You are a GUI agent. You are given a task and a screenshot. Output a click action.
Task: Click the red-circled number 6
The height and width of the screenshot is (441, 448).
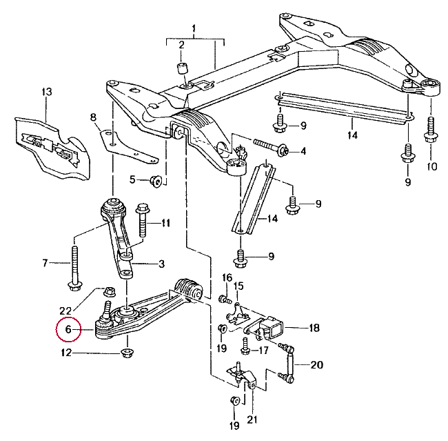[68, 329]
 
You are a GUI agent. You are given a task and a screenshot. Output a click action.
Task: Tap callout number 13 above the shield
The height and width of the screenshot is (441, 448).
[47, 92]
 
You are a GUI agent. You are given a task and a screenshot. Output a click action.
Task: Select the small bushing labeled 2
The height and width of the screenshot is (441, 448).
[182, 68]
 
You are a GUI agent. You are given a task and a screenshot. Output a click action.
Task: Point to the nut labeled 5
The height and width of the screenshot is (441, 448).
[156, 181]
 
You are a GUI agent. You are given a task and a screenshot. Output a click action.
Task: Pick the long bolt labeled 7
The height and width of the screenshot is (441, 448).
[75, 268]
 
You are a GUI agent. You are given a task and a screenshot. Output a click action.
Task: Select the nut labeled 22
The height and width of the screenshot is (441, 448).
[110, 292]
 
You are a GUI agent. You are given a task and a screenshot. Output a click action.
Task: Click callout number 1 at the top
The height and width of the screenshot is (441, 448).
[194, 28]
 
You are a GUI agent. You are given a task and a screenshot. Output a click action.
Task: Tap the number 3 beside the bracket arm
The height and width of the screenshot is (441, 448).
[162, 263]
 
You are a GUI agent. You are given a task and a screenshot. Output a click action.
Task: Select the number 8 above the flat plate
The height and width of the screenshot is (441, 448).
[93, 117]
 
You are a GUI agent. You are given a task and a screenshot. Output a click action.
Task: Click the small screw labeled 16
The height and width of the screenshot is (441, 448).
[225, 300]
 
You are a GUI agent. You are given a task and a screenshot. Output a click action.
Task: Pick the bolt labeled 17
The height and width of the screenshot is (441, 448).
[245, 347]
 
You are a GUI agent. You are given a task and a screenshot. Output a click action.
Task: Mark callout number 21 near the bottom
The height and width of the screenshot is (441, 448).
[252, 420]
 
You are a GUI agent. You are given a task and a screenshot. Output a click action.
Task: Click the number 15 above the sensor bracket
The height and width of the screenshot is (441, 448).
[238, 286]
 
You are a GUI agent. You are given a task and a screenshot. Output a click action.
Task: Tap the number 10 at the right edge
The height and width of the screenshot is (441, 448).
[432, 166]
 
